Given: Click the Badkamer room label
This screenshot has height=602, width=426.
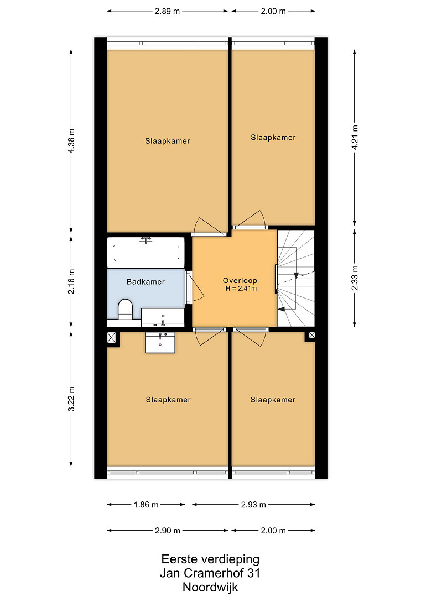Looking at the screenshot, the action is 146,282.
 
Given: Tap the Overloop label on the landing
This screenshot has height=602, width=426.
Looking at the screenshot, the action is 240,281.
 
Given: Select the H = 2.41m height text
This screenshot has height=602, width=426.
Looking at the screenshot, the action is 241,289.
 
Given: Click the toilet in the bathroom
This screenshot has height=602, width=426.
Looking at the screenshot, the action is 125,309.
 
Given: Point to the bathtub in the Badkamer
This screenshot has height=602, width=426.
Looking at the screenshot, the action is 146,252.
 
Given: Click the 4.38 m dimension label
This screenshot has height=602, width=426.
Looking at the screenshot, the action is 71,142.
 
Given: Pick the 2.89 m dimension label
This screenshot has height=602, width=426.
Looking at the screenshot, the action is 168,11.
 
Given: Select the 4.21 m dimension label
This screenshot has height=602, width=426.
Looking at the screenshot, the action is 355,138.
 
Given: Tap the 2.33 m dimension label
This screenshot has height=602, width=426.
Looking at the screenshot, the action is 355,278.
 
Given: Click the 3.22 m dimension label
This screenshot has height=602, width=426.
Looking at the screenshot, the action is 71,399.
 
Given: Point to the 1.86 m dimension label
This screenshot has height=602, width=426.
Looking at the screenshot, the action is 146,505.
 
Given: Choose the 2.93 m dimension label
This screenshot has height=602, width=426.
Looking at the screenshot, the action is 253,505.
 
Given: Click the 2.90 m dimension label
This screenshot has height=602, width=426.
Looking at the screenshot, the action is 168,531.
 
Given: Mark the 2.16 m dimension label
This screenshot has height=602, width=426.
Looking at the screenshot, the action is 71,281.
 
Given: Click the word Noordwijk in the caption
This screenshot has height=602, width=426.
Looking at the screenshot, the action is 210,587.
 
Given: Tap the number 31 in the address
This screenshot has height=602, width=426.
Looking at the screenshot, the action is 253,573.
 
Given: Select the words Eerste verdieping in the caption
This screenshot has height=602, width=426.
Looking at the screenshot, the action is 210,559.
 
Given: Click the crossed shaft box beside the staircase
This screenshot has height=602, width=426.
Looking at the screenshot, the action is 311,335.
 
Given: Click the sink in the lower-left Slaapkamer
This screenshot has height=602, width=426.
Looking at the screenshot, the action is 160,342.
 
